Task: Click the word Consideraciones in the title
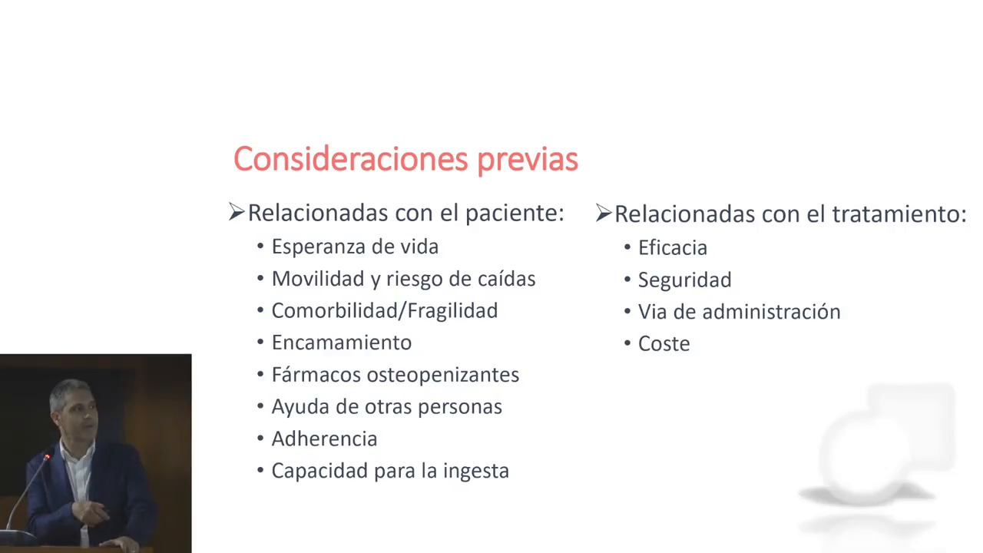tap(351, 158)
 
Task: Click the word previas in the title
tap(528, 161)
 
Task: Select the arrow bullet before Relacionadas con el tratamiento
tap(604, 213)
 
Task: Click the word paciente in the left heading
tap(515, 214)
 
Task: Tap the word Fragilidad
tap(452, 311)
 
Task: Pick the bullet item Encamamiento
tap(342, 343)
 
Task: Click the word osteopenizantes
tap(443, 376)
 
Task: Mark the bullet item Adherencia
tap(324, 439)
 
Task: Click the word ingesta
tap(475, 472)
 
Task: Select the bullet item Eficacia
tap(672, 248)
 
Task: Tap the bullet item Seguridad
tap(684, 280)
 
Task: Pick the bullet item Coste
tap(664, 344)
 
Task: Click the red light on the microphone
tap(47, 457)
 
